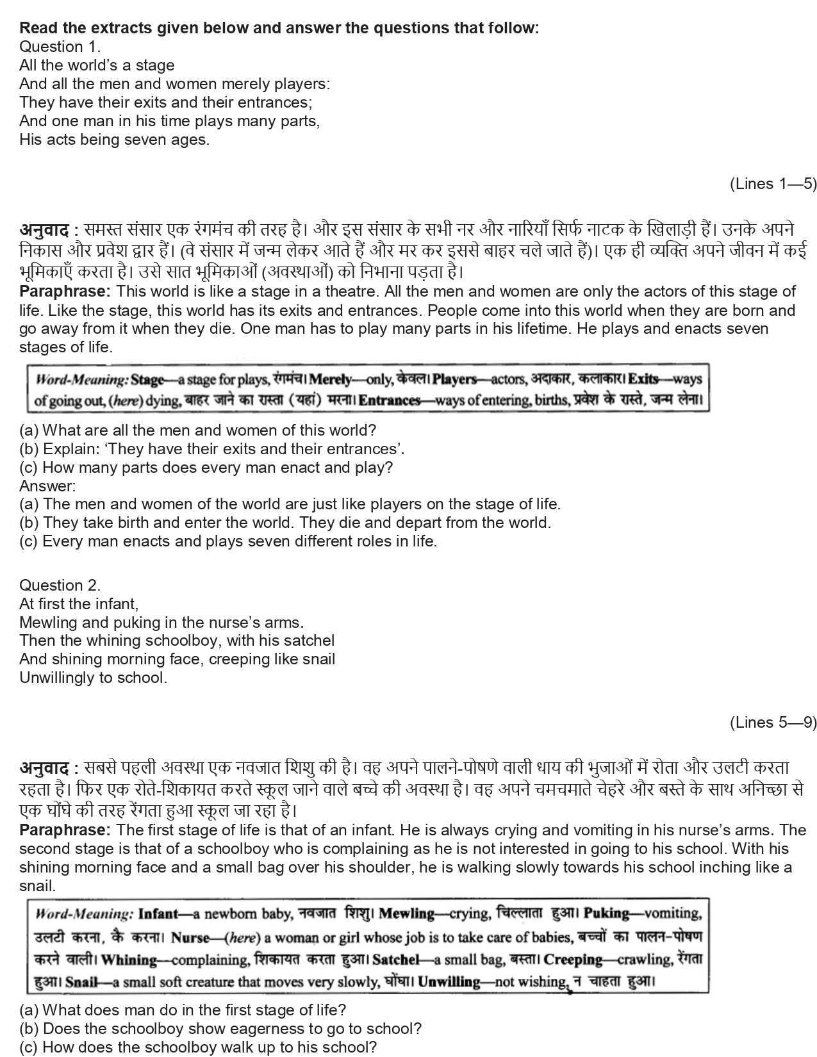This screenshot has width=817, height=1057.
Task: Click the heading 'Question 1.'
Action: [x=60, y=47]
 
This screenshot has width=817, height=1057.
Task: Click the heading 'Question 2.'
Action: [x=60, y=585]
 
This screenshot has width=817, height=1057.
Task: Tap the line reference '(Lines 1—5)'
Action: [x=773, y=184]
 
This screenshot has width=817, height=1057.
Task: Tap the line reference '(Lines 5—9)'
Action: [x=773, y=723]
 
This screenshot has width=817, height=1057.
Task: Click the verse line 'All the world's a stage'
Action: [x=97, y=65]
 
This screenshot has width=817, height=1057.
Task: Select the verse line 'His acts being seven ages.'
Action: [x=114, y=140]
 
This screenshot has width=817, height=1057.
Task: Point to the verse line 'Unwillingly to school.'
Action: [x=93, y=678]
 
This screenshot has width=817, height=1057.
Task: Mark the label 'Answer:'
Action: [x=47, y=486]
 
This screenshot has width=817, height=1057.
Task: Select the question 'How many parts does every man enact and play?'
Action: [x=206, y=468]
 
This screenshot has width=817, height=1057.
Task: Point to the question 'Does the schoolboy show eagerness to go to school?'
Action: [x=220, y=1029]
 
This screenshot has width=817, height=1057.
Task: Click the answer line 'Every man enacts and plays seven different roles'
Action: [x=227, y=541]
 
